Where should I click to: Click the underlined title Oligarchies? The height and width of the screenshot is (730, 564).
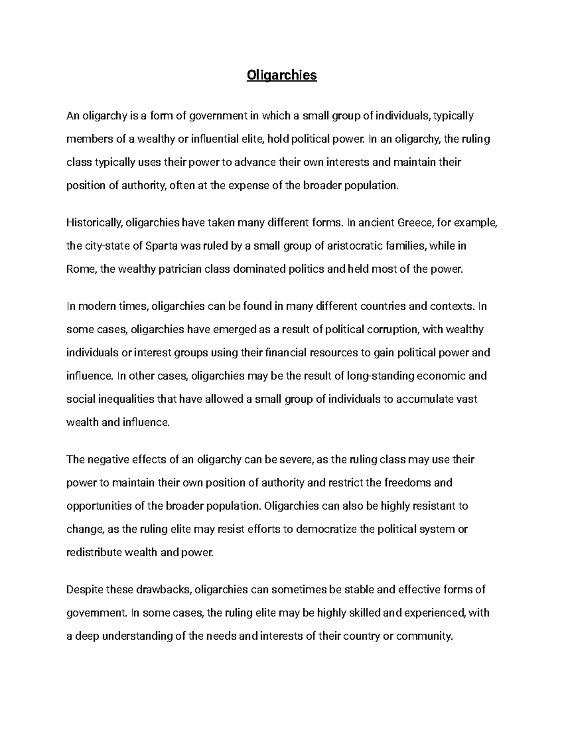pyautogui.click(x=282, y=75)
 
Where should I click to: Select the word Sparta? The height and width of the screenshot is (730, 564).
pyautogui.click(x=161, y=246)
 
